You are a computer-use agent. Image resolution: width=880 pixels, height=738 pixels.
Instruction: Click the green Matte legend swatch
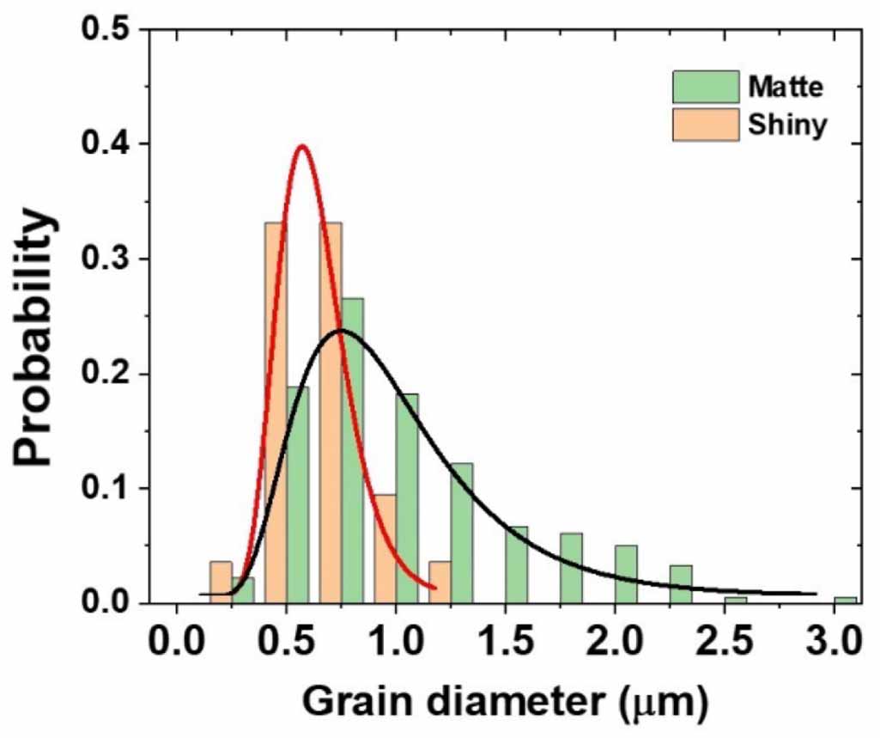[705, 87]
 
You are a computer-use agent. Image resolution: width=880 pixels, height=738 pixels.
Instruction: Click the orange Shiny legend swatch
[705, 125]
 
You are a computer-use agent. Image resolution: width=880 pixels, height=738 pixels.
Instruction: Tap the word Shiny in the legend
[786, 125]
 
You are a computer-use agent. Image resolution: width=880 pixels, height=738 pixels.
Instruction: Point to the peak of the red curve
[301, 146]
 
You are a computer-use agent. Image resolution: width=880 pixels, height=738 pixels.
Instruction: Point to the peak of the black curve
[342, 330]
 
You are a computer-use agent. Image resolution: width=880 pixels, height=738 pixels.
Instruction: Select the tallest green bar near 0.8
[352, 450]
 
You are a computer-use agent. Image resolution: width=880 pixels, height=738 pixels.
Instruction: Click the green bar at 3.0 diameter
[846, 600]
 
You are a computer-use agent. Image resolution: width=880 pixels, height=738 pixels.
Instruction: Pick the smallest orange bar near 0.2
[221, 582]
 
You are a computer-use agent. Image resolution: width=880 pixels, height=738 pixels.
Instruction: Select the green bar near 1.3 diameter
[461, 533]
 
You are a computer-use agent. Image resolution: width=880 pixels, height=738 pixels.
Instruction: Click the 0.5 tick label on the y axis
[109, 29]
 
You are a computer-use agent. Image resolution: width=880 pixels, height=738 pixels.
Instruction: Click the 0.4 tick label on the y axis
[109, 143]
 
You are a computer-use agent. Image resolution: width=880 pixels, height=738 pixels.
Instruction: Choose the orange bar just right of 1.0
[440, 582]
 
